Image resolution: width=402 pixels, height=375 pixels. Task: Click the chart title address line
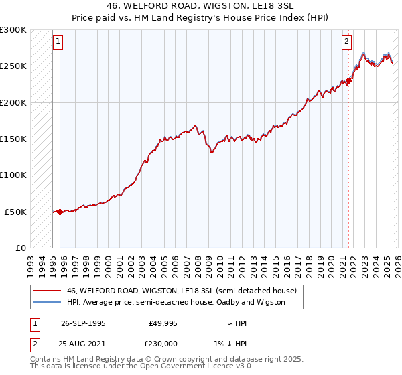click(201, 5)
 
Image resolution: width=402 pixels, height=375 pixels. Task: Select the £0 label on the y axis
click(21, 248)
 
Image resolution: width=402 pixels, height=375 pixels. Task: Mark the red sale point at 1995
click(60, 212)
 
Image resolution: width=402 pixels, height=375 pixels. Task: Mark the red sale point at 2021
click(349, 82)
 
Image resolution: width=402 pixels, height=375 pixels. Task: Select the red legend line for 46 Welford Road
click(47, 291)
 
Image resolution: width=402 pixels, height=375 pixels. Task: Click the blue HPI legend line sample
click(47, 302)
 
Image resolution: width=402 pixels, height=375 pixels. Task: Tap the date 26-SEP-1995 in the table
click(83, 323)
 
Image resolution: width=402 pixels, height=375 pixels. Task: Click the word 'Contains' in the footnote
click(46, 359)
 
